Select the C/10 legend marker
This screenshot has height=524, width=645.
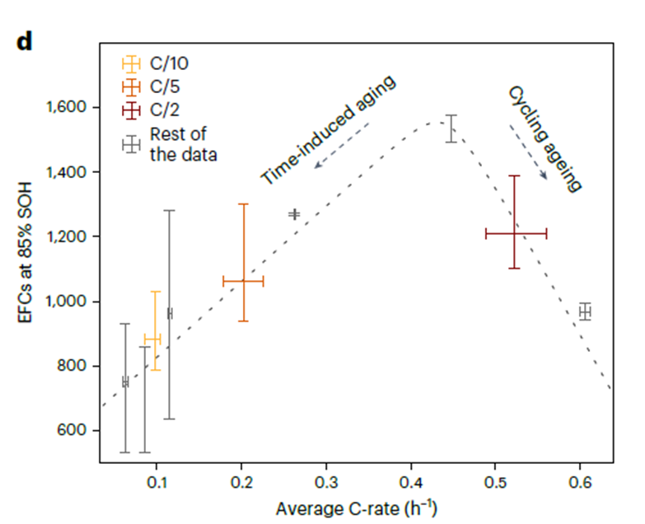(x=130, y=63)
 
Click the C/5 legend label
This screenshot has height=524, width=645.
(x=163, y=86)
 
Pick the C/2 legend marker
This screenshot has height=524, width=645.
(x=130, y=108)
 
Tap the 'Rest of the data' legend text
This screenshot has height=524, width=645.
(x=177, y=143)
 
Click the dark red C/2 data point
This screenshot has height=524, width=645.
(x=515, y=234)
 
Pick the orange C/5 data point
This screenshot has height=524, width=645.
(x=244, y=282)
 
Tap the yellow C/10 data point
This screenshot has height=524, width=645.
(x=153, y=338)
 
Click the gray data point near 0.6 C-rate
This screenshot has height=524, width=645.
(x=585, y=311)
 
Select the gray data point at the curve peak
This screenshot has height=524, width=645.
(x=451, y=129)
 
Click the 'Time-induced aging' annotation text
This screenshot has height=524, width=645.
(x=329, y=130)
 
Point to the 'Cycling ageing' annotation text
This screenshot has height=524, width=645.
(x=545, y=138)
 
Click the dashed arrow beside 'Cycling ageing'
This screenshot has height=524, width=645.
(x=529, y=151)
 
